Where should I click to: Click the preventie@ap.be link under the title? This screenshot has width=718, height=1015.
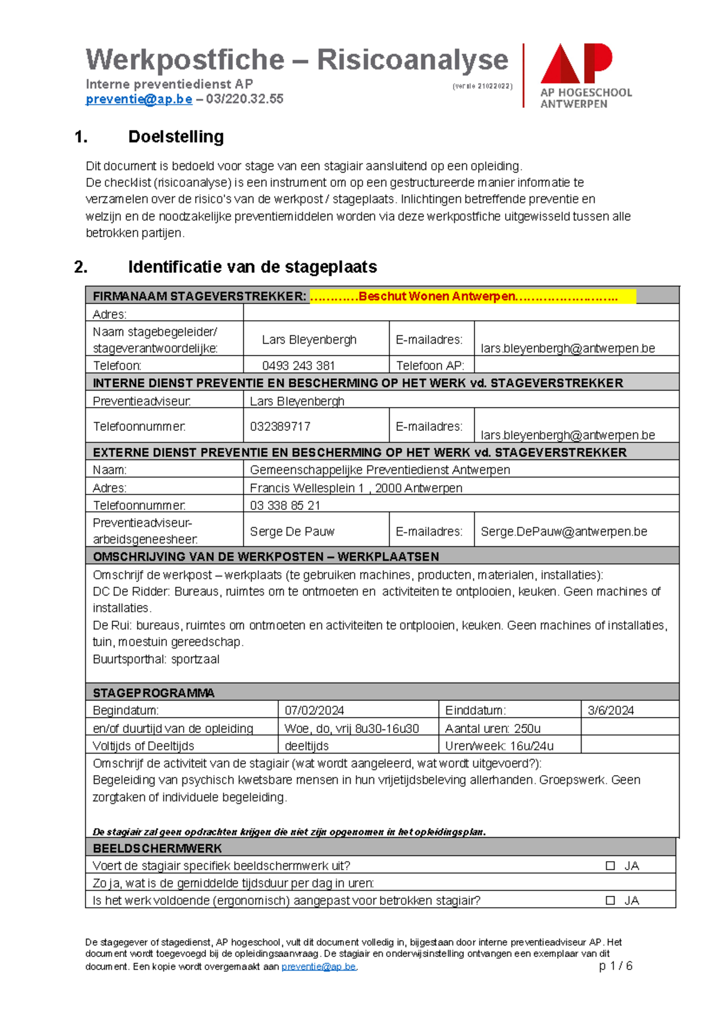point(139,99)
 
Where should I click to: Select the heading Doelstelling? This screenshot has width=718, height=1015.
point(176,137)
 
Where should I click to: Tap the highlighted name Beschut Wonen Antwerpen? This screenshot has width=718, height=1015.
point(437,296)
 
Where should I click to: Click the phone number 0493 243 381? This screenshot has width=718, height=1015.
point(298,366)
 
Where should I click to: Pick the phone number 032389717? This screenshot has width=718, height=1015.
point(280,427)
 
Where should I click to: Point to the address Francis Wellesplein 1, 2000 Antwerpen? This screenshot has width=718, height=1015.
point(356,488)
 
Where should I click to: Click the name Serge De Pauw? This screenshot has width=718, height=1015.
point(292,531)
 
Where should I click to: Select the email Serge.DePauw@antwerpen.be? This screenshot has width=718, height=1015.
point(564,531)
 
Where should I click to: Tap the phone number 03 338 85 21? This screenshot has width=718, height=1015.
point(285,506)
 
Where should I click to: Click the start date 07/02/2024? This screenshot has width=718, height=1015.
point(314,710)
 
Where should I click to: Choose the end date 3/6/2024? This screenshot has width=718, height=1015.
point(610,710)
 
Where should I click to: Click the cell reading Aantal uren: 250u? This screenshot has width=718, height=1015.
point(493,728)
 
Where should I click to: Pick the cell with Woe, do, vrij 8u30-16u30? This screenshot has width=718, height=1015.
point(352,728)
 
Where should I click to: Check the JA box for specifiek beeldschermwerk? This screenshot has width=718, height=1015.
point(610,866)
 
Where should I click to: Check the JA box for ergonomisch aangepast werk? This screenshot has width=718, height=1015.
point(610,901)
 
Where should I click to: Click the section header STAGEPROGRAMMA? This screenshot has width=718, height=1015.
point(154,693)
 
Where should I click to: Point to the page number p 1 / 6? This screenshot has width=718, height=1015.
point(616,966)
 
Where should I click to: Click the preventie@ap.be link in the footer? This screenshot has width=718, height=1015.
point(318,967)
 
